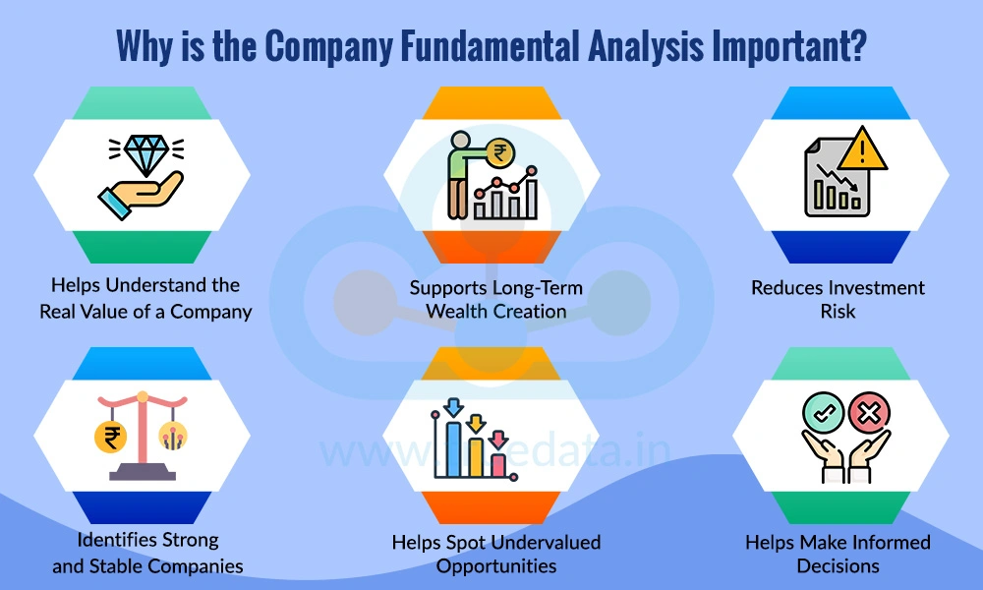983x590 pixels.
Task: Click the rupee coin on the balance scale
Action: (x=109, y=437)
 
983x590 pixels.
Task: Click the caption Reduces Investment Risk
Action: (x=838, y=299)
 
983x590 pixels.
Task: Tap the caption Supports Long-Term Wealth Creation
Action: (x=495, y=299)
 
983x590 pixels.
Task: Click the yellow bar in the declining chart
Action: (x=477, y=454)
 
